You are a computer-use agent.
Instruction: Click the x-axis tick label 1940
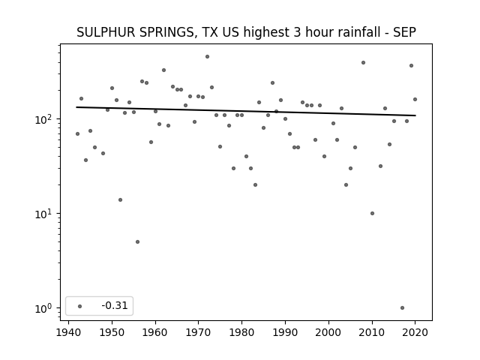point(68,332)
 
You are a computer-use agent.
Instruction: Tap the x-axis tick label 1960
point(155,332)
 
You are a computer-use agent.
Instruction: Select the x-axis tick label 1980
point(241,332)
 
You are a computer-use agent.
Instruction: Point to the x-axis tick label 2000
point(328,332)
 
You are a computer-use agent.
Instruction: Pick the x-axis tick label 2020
point(415,332)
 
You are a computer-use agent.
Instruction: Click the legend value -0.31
point(115,305)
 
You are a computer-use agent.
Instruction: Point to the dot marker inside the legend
point(80,306)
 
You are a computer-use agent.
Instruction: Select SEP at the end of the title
point(405,32)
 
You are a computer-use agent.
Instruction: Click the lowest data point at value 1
point(402,308)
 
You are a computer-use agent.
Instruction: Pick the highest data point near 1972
point(207,57)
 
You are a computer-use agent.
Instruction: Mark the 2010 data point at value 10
point(372,213)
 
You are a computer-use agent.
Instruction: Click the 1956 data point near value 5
point(137,241)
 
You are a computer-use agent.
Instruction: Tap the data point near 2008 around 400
point(363,63)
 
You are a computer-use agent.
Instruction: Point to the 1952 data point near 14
point(120,200)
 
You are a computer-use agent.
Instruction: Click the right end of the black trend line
point(415,115)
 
